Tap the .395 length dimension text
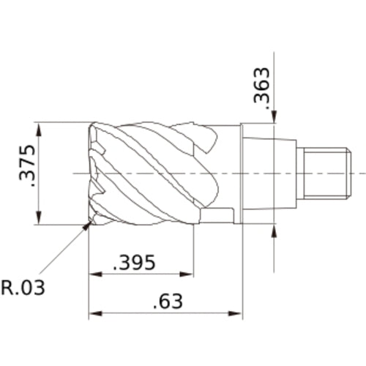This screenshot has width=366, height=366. (x=135, y=262)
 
